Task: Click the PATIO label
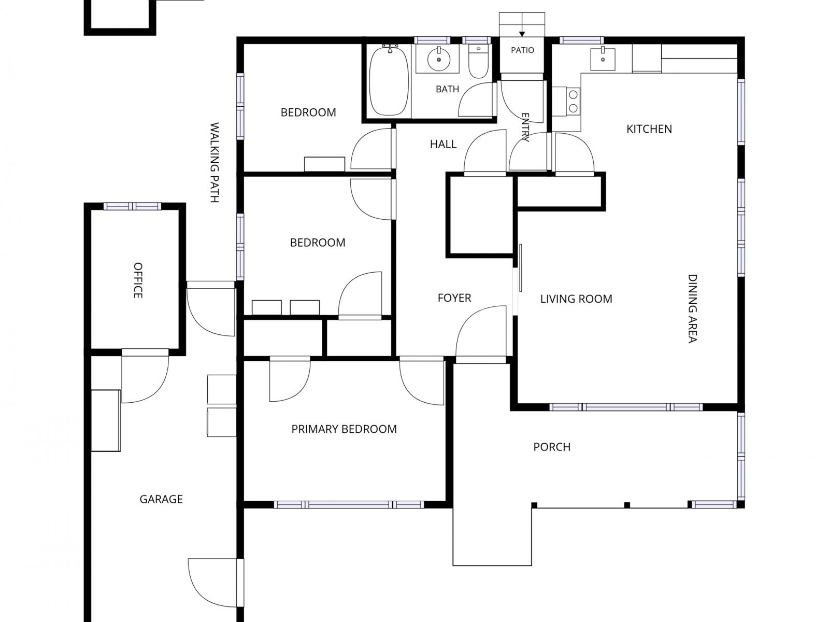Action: tap(522, 50)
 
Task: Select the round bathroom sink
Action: tap(438, 59)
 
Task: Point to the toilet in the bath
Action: tap(479, 61)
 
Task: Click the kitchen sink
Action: tap(603, 59)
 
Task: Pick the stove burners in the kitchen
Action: tap(574, 101)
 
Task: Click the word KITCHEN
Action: tap(649, 129)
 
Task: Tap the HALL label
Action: tap(443, 144)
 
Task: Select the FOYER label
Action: tap(454, 298)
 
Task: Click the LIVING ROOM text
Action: tap(576, 299)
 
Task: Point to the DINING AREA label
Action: tap(692, 308)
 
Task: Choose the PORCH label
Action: tap(552, 447)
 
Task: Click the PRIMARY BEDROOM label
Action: tap(344, 429)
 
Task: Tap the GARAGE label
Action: tap(161, 499)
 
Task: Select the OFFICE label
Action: tap(138, 280)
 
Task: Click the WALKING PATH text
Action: tap(215, 162)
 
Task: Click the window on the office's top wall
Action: tap(132, 206)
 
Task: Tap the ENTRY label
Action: tap(525, 128)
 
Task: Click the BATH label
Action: tap(448, 89)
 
